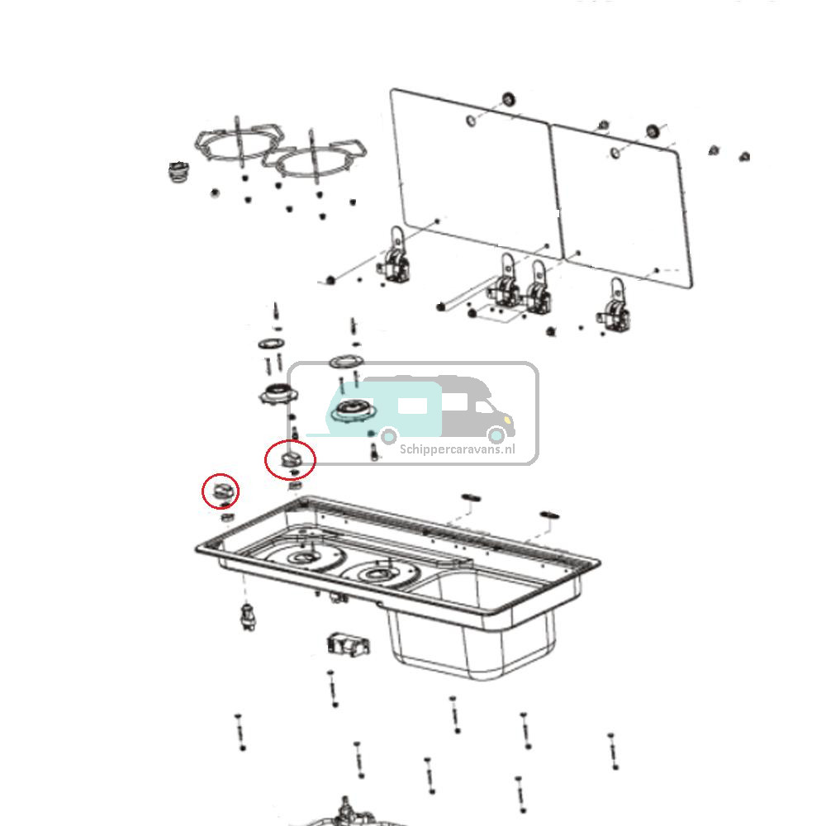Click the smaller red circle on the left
(x=221, y=491)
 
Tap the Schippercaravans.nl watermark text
(x=457, y=450)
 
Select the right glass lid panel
(x=624, y=206)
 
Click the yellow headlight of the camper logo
(x=497, y=434)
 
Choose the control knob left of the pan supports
(x=178, y=171)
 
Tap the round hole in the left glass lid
(x=470, y=121)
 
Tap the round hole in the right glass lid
(x=615, y=153)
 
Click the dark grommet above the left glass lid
(x=509, y=100)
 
